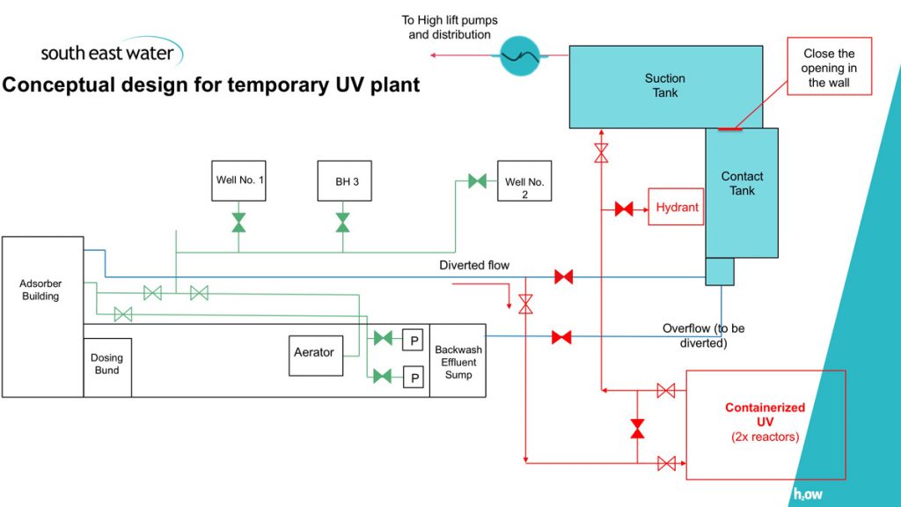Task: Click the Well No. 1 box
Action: (x=239, y=180)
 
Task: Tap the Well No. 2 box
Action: (x=524, y=187)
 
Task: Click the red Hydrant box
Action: (x=677, y=208)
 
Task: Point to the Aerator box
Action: (x=315, y=353)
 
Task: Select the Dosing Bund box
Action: (x=107, y=364)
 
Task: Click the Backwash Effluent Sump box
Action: (x=458, y=361)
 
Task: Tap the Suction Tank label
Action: (x=665, y=85)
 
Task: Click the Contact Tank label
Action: (x=742, y=183)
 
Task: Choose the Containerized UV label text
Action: (x=765, y=415)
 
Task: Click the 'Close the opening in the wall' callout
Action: (x=829, y=68)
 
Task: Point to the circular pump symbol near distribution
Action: (x=519, y=55)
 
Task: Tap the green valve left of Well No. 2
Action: (x=477, y=181)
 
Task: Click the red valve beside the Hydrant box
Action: (x=624, y=209)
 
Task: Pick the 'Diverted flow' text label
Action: (x=474, y=265)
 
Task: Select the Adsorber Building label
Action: (x=40, y=290)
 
